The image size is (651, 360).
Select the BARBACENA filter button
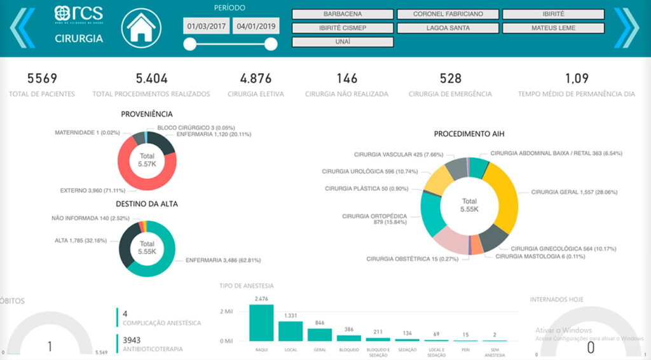point(343,14)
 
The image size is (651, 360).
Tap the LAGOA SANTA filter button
point(448,28)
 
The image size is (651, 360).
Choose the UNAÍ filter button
point(343,42)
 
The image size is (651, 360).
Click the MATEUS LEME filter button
point(553,28)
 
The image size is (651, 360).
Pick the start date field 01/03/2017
point(206,27)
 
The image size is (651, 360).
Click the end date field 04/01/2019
point(256,27)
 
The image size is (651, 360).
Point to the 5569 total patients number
point(42,79)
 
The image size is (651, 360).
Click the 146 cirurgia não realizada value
point(347,79)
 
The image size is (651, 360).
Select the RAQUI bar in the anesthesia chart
point(261,323)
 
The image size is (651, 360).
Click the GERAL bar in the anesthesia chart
point(320,335)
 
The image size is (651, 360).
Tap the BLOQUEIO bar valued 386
point(349,338)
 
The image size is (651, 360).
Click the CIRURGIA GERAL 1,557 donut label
point(574,191)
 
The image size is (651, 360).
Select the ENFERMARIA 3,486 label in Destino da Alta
point(223,260)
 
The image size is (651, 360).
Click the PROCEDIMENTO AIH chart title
point(469,134)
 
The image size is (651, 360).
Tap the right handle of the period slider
point(271,44)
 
